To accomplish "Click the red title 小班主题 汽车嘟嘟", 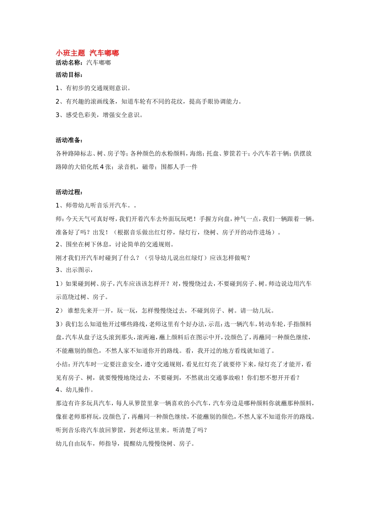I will click(87, 53).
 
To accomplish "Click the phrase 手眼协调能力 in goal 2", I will click(220, 102).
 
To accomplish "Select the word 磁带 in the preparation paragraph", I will click(148, 167).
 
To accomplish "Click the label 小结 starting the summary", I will click(62, 364).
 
